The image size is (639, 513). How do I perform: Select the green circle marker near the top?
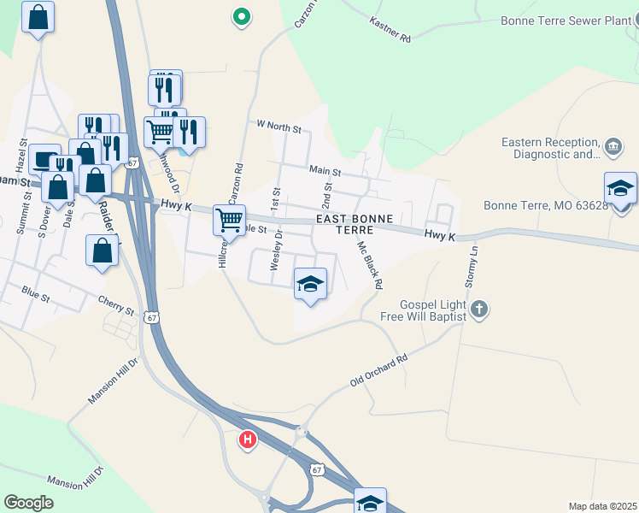(x=242, y=15)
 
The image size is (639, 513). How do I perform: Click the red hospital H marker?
(x=248, y=439)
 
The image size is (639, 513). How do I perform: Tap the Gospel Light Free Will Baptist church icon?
(x=479, y=309)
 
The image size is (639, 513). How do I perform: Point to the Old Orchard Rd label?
(x=379, y=369)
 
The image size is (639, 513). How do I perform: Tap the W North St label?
(x=279, y=126)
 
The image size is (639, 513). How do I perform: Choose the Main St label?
(x=325, y=171)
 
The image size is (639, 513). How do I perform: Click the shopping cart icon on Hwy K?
(x=229, y=220)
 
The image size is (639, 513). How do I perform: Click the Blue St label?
(x=37, y=293)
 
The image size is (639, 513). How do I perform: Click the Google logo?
(x=29, y=503)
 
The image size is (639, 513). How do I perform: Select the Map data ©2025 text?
(x=601, y=506)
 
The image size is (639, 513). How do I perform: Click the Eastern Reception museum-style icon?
(x=613, y=147)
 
